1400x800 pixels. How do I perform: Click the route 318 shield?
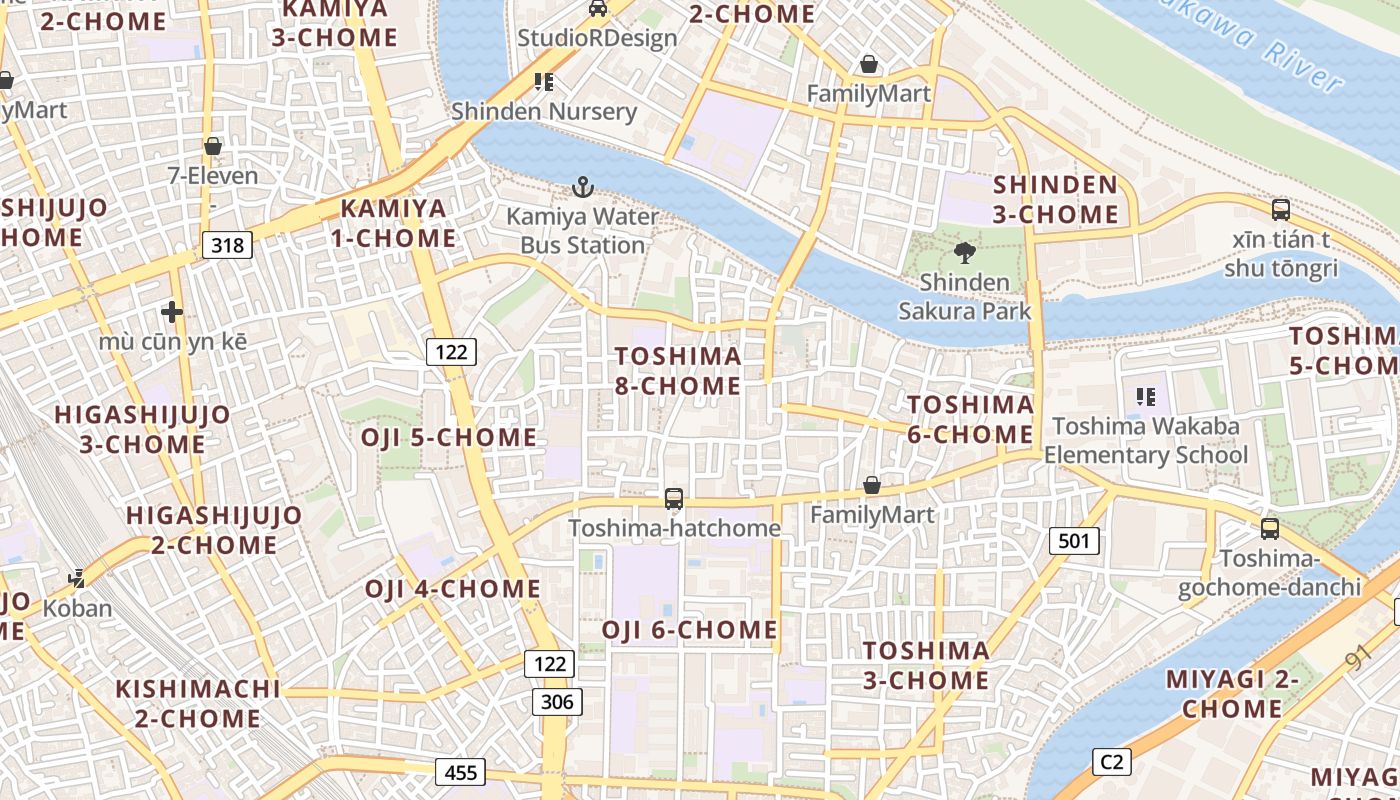click(227, 245)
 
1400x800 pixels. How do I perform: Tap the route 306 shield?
click(556, 702)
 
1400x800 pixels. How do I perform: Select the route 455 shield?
click(460, 772)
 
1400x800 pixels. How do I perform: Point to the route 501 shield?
click(1074, 542)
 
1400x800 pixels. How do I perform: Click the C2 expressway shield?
click(1111, 762)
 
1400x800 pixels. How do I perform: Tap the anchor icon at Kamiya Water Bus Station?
click(582, 187)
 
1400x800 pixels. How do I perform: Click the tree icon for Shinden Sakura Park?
click(965, 253)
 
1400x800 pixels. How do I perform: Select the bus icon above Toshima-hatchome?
click(674, 498)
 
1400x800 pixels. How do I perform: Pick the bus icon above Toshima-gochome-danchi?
click(1269, 528)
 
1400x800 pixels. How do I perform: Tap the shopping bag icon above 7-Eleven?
click(212, 147)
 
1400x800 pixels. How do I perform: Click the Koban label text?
click(77, 608)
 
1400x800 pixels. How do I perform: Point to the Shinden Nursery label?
click(544, 111)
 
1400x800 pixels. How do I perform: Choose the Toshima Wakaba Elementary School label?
click(1146, 441)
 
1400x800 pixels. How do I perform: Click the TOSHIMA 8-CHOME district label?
click(678, 371)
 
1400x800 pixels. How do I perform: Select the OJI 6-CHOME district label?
click(689, 630)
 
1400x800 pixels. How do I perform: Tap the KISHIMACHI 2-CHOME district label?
click(198, 704)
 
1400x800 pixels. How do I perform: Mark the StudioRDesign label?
click(597, 38)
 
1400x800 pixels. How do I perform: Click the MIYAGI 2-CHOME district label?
click(1232, 694)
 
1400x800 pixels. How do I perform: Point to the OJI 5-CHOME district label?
click(449, 438)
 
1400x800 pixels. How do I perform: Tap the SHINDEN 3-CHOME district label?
click(1055, 199)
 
